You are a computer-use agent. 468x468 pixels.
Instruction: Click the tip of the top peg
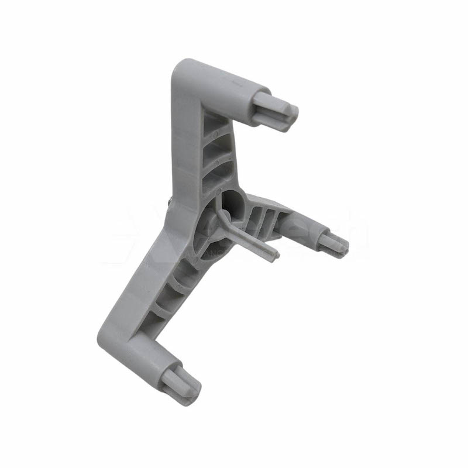[x=289, y=115]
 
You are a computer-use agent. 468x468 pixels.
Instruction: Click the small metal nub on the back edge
[x=168, y=202]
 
